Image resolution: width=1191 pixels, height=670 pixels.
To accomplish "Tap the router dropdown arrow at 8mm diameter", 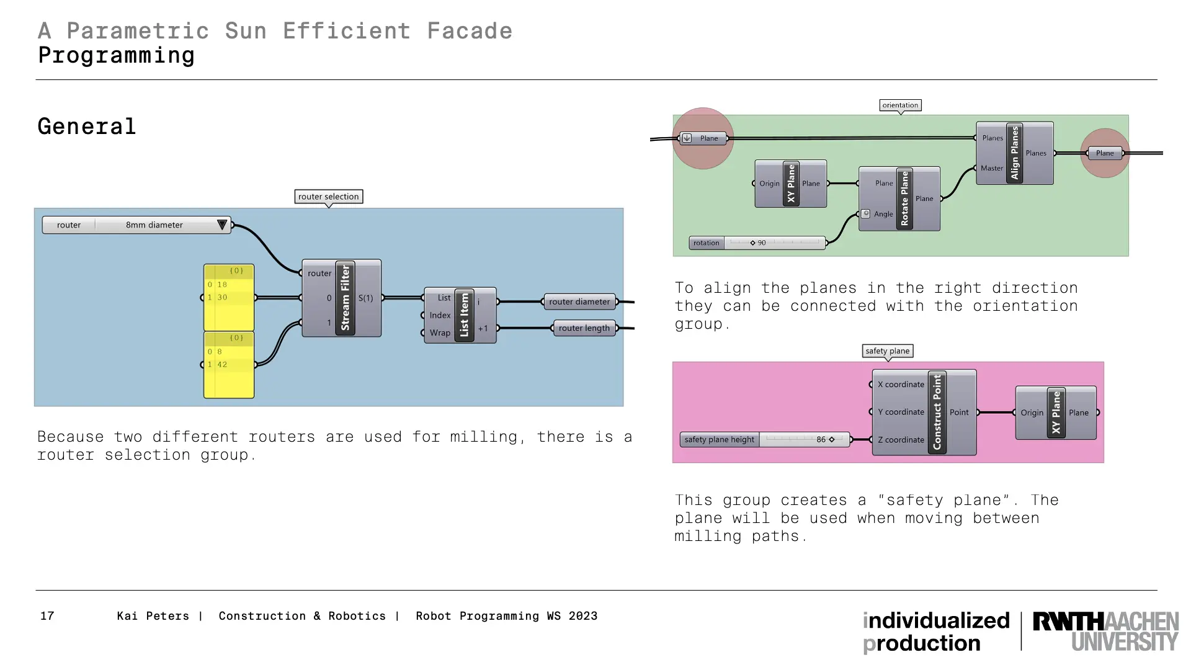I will [221, 225].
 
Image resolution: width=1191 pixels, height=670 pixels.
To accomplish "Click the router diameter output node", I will [579, 302].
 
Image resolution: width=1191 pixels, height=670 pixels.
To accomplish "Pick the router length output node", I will [584, 328].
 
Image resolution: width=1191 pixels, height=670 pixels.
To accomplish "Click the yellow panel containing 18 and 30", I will [229, 297].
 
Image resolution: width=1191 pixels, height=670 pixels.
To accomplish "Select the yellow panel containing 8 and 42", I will [229, 364].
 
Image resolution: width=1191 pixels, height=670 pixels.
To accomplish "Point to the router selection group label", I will [328, 197].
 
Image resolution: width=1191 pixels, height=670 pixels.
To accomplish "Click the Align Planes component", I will [1015, 153].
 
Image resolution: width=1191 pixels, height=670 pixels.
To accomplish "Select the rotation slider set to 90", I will [757, 243].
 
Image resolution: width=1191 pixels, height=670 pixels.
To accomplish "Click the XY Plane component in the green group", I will [791, 184].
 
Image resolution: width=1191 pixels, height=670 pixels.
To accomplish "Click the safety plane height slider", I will [765, 440].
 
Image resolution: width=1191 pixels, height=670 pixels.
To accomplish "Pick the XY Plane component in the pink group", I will [1056, 413].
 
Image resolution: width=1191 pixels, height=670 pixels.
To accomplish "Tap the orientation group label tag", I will [900, 105].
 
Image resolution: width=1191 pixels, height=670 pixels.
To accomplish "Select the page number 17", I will [47, 616].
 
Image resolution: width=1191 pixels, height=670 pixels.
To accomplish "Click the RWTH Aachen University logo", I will [1105, 631].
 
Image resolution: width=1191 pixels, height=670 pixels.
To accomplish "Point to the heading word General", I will [87, 127].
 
